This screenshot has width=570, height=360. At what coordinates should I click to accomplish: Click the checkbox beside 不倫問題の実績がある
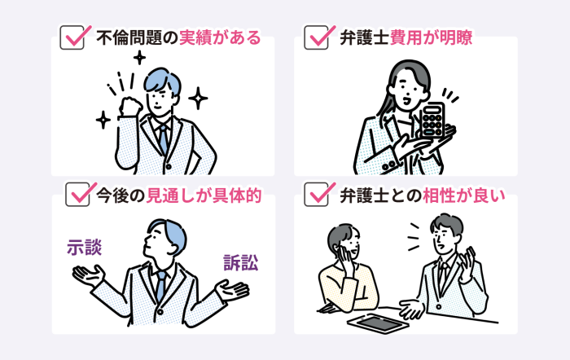point(72,37)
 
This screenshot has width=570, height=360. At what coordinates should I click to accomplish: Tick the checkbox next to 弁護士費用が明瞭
point(315,37)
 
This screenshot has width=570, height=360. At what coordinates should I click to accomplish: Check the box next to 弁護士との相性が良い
point(315,195)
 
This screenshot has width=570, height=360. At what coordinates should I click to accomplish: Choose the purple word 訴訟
point(240,263)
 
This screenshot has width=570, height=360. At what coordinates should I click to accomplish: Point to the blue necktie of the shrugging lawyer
point(161,283)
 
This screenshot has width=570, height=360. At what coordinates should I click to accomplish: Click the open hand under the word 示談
point(87,276)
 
